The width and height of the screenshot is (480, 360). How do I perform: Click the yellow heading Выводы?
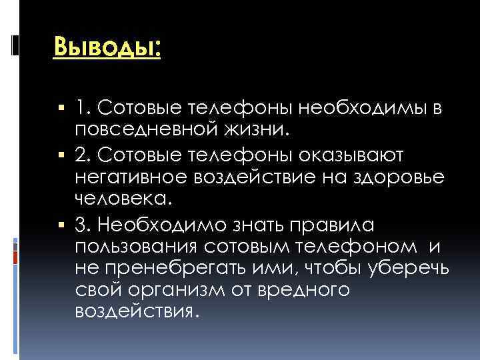click(107, 47)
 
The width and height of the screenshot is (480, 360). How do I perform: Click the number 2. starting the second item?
click(83, 155)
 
